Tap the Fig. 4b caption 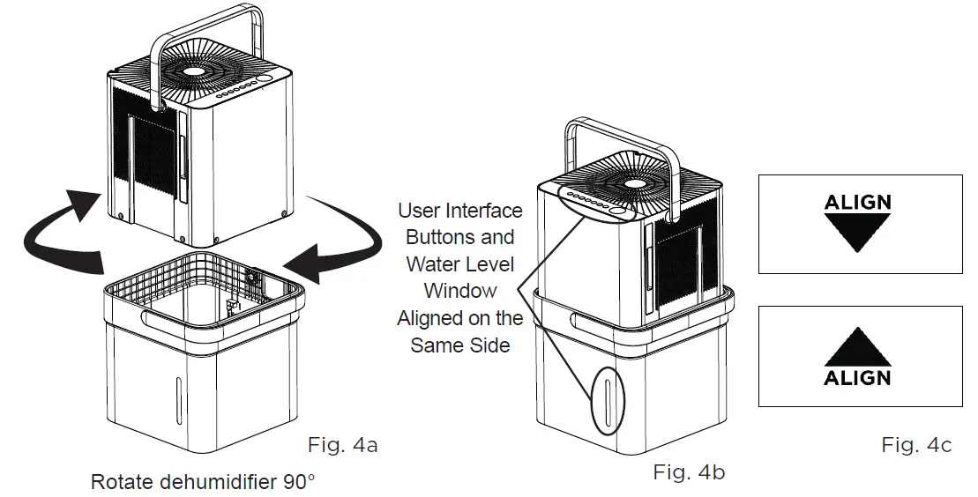point(689,472)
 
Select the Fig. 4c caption point(916,446)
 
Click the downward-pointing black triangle point(857,234)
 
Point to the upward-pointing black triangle point(857,345)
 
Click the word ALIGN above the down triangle point(857,202)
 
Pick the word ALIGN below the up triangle point(857,378)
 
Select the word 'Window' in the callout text point(460,291)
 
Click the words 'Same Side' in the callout point(460,345)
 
